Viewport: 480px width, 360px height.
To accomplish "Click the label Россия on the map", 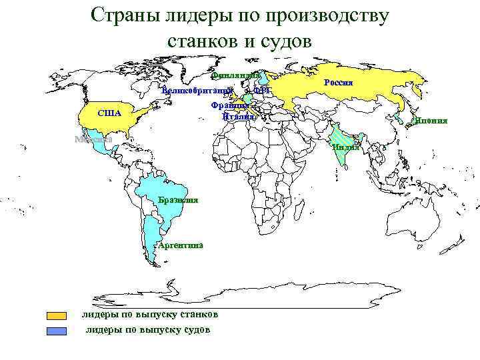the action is pyautogui.click(x=339, y=82).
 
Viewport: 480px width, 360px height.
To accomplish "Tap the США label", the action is pyautogui.click(x=109, y=113).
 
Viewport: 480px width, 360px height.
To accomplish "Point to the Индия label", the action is pyautogui.click(x=345, y=147).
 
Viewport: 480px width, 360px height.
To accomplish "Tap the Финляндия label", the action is pyautogui.click(x=235, y=76).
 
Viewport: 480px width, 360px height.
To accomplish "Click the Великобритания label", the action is pyautogui.click(x=198, y=89).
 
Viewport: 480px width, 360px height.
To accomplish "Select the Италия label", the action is pyautogui.click(x=238, y=116).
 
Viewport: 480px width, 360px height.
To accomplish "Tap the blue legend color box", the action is pyautogui.click(x=57, y=330).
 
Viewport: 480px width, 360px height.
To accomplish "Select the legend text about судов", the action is pyautogui.click(x=148, y=329).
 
